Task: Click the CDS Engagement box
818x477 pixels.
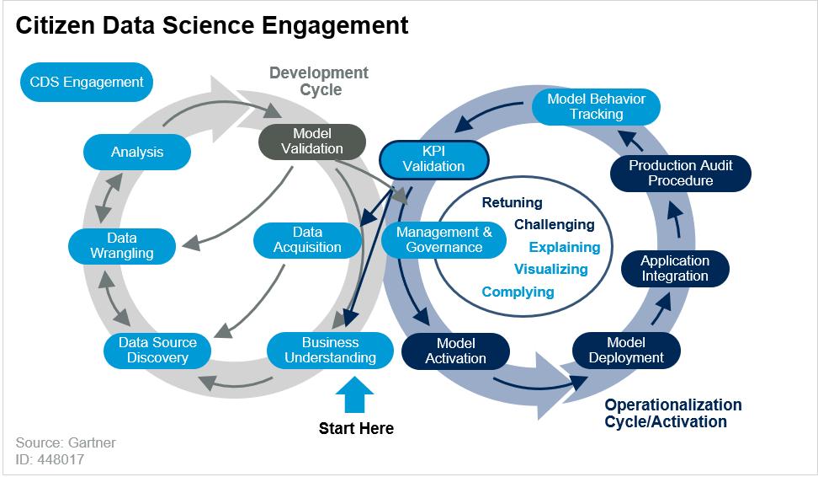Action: coord(87,83)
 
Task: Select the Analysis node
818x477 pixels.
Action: coord(137,153)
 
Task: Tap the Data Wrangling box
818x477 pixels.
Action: coord(123,245)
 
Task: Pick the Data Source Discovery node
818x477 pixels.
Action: coord(157,350)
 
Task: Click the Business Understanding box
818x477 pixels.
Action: coord(330,350)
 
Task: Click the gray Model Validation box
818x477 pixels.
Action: coord(312,141)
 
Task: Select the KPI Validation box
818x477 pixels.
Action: coord(433,158)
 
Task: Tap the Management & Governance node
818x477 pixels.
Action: coord(444,239)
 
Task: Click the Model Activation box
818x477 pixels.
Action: coord(455,351)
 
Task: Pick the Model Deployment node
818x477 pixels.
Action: coord(626,350)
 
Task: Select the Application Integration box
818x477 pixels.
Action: coord(675,268)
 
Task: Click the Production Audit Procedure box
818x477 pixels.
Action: coord(681,173)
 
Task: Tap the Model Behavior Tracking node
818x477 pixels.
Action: coord(596,106)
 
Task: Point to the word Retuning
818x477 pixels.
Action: coord(512,202)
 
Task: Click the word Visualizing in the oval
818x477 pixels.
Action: coord(550,269)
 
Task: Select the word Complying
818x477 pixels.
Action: coord(518,292)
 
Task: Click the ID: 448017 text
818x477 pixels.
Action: coord(50,459)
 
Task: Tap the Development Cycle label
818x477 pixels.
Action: coord(319,81)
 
